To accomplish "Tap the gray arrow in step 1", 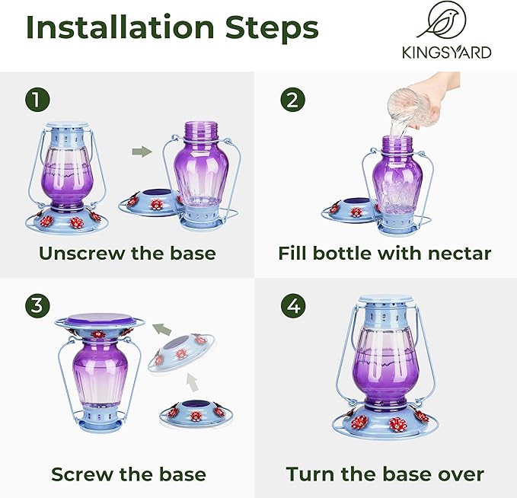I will [x=142, y=152].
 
